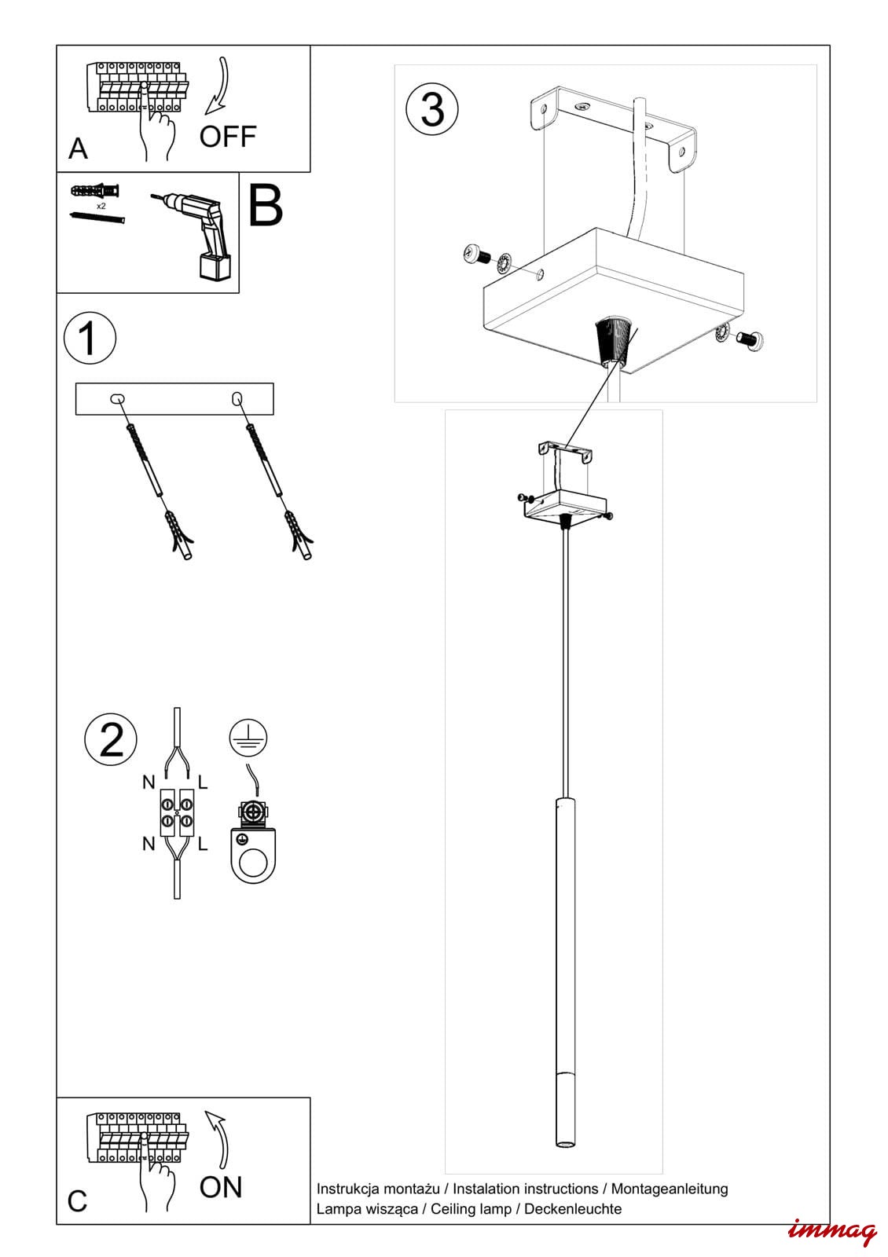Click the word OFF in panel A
[228, 137]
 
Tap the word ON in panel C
[221, 1187]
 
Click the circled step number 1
[90, 339]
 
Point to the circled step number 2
[111, 739]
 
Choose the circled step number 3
[432, 109]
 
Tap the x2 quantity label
[101, 206]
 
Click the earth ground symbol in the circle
[248, 739]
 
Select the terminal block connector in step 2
[178, 812]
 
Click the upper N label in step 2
[149, 782]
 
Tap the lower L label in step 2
[203, 845]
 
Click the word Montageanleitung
[670, 1189]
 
